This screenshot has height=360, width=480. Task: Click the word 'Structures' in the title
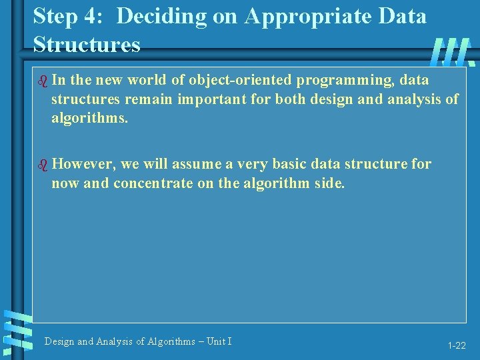[87, 45]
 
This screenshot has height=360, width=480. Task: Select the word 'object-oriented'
[240, 81]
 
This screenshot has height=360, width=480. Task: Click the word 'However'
[83, 164]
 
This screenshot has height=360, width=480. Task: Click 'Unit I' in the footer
[219, 341]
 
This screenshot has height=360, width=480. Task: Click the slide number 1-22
[457, 345]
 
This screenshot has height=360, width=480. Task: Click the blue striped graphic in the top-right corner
[453, 52]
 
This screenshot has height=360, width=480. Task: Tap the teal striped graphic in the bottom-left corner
[17, 329]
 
